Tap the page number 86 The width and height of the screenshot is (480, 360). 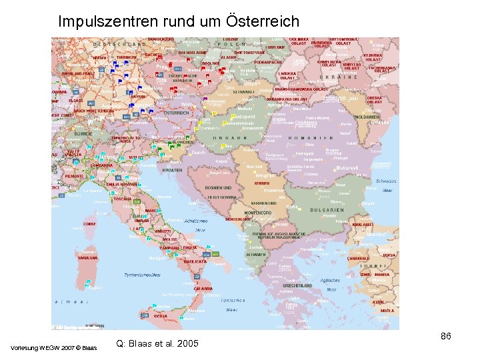[x=446, y=336]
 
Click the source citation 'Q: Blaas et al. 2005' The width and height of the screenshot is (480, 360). [x=157, y=344]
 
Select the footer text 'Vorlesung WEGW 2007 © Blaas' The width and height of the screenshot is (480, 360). [x=54, y=347]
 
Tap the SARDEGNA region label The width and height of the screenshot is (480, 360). [x=87, y=257]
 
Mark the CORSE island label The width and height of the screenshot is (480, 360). [x=89, y=224]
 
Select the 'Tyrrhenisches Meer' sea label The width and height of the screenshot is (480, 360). [x=143, y=274]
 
